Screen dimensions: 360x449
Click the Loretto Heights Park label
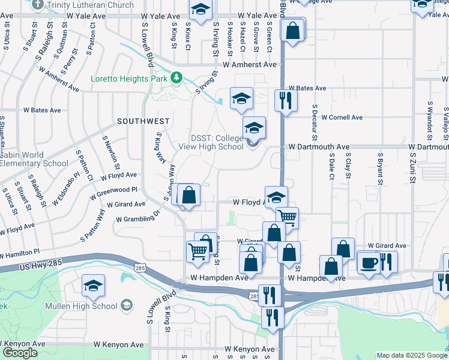(128, 78)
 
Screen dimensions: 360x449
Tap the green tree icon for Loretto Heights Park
(176, 77)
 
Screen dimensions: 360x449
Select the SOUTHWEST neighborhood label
(143, 121)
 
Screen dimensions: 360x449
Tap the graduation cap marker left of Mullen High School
(93, 286)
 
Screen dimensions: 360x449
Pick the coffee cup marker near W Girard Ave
(368, 262)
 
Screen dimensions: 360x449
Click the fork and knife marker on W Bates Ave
(286, 99)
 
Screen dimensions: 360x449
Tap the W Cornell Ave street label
(342, 118)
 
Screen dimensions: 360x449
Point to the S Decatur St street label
(314, 124)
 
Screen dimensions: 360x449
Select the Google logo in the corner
(20, 353)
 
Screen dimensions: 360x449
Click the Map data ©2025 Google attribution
(411, 355)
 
